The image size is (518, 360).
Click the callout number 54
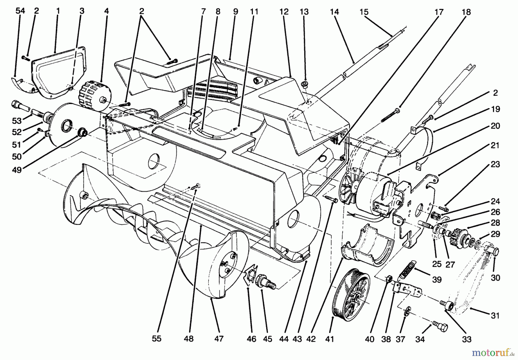pyautogui.click(x=20, y=11)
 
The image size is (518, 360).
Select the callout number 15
pyautogui.click(x=364, y=12)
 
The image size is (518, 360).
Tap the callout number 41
pyautogui.click(x=330, y=339)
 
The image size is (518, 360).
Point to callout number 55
pyautogui.click(x=157, y=339)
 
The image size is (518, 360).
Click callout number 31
pyautogui.click(x=495, y=316)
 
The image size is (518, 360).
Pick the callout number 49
pyautogui.click(x=17, y=170)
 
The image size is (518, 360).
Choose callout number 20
pyautogui.click(x=495, y=126)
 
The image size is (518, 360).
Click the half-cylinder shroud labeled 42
pyautogui.click(x=365, y=244)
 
